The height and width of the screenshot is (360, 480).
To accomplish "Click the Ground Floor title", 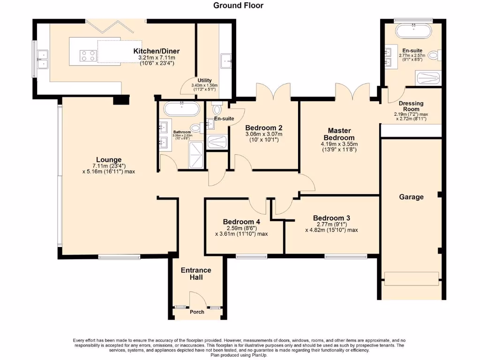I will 238,6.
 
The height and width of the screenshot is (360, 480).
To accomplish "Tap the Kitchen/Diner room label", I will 157,51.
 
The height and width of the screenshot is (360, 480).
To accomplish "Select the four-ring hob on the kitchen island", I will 88,56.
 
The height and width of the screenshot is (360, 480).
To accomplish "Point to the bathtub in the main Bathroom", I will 181,110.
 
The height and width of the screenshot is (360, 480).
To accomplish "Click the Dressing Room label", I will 411,106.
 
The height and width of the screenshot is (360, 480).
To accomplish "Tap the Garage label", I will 411,197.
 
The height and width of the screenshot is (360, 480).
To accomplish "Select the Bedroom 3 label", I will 331,218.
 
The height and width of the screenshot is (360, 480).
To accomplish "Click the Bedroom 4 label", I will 241,222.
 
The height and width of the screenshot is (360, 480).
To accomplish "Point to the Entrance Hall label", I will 196,274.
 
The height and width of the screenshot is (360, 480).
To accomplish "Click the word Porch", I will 197,312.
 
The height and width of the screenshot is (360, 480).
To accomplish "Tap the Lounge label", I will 109,159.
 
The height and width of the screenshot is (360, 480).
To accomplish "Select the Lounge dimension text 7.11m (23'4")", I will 109,166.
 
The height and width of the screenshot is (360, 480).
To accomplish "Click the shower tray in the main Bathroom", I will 197,155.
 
